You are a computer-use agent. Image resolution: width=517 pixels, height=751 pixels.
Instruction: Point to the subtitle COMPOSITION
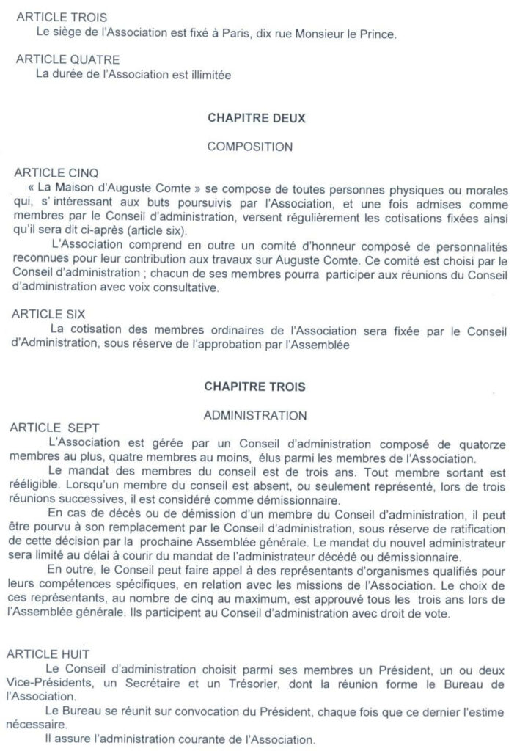[250, 147]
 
